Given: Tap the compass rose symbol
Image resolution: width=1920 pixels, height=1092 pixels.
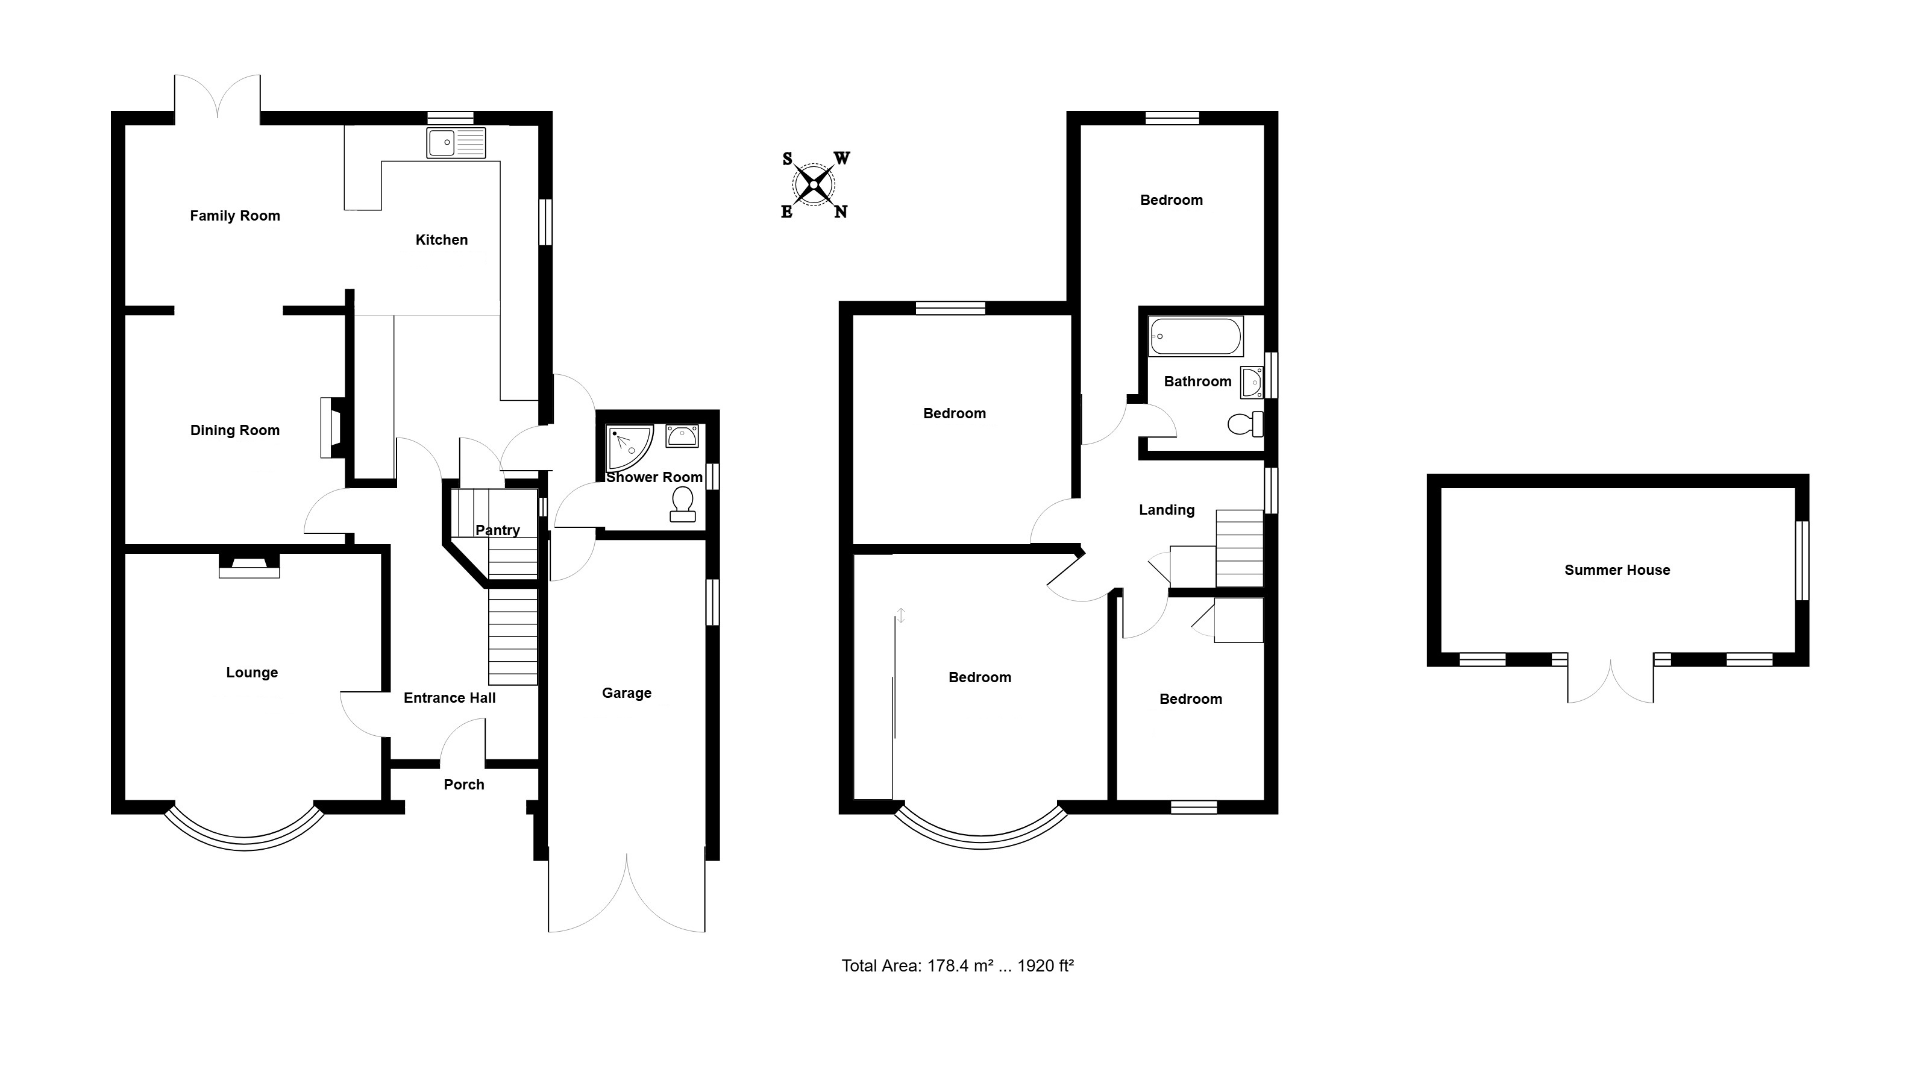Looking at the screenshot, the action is pos(814,184).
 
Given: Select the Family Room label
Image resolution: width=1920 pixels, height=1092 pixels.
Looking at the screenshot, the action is pos(235,216).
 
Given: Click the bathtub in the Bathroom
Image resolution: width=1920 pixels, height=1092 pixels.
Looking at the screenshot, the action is pos(1196,337).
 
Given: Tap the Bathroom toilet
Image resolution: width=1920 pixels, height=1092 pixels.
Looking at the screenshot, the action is pos(1246,424).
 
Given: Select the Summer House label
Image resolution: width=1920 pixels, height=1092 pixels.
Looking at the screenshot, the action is pos(1617,570).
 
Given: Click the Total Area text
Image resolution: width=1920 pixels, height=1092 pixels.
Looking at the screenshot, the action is pos(957,966).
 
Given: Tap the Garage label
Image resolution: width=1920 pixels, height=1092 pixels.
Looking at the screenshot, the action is pos(626,694).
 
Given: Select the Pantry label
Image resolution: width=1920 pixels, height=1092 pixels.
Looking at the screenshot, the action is pos(497,530).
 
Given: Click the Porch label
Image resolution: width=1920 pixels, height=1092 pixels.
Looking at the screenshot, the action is pos(463,785).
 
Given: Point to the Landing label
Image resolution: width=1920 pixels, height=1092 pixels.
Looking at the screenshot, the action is pos(1166,510).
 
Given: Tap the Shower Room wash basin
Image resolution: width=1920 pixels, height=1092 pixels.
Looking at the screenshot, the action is pos(682,436).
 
